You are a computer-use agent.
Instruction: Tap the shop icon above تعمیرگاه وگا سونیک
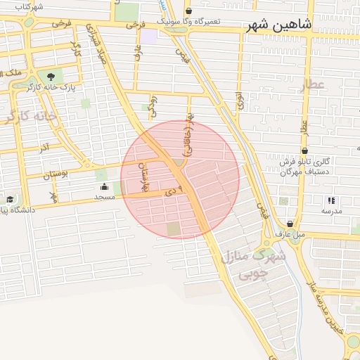(188, 11)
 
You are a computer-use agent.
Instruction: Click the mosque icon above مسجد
(105, 187)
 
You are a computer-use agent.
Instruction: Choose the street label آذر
(44, 149)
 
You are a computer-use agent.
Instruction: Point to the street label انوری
(240, 100)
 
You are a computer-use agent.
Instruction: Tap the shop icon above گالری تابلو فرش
(304, 150)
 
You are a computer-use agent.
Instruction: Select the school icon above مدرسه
(331, 200)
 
